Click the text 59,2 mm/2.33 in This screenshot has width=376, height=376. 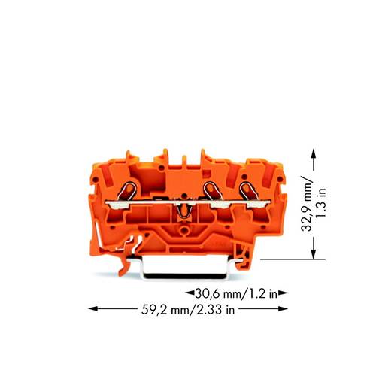(x=190, y=307)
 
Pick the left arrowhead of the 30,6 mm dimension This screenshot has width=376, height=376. (x=188, y=293)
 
